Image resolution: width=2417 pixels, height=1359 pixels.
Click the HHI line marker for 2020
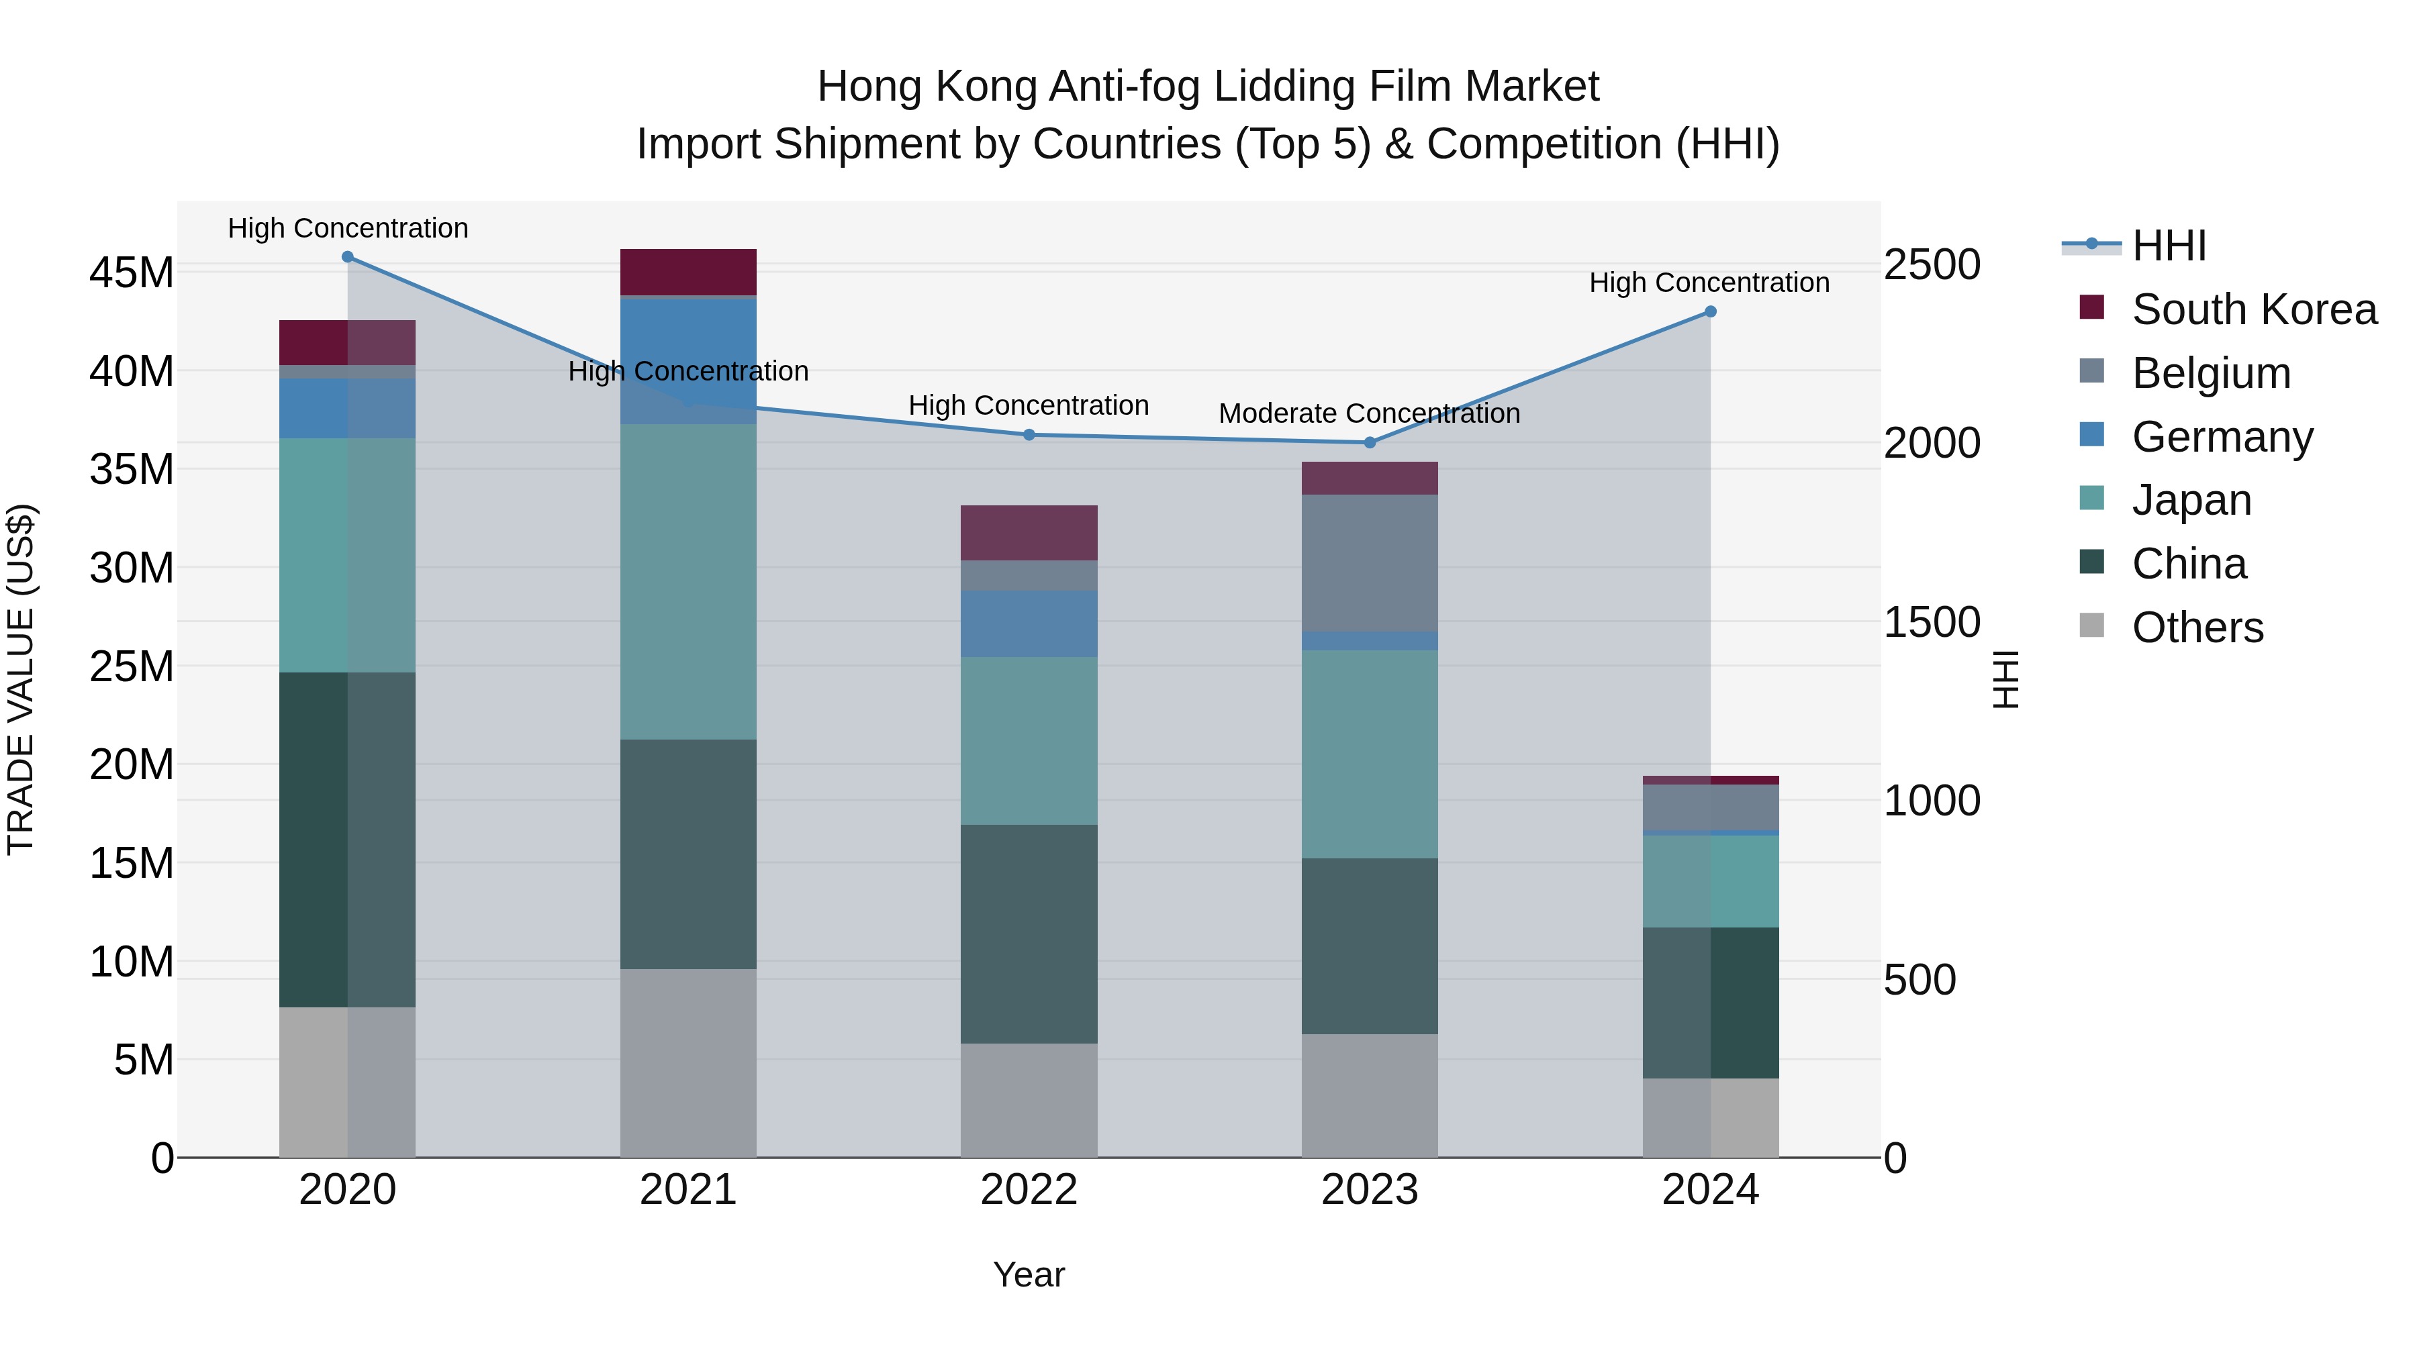[x=347, y=257]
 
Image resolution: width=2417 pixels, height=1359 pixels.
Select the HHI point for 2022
[x=1029, y=435]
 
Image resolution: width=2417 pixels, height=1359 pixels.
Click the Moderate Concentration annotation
[x=1369, y=413]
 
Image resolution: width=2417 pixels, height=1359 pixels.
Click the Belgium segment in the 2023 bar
[x=1369, y=563]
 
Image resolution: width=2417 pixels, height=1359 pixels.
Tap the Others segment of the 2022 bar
[x=1029, y=1099]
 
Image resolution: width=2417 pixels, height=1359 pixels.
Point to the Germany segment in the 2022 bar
[x=1029, y=623]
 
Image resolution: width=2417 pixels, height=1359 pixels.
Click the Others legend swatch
[x=2091, y=625]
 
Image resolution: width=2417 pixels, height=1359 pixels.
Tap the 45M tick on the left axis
[x=132, y=273]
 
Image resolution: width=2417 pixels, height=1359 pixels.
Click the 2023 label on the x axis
[x=1369, y=1190]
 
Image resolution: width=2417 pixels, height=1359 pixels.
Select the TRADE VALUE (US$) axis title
[x=21, y=679]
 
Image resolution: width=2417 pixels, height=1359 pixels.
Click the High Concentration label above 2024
[x=1709, y=283]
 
